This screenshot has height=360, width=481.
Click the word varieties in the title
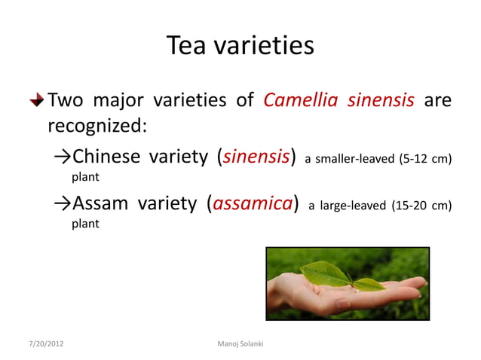coord(264,47)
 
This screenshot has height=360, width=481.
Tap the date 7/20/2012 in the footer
coord(43,344)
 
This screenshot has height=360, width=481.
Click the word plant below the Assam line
coord(84,224)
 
